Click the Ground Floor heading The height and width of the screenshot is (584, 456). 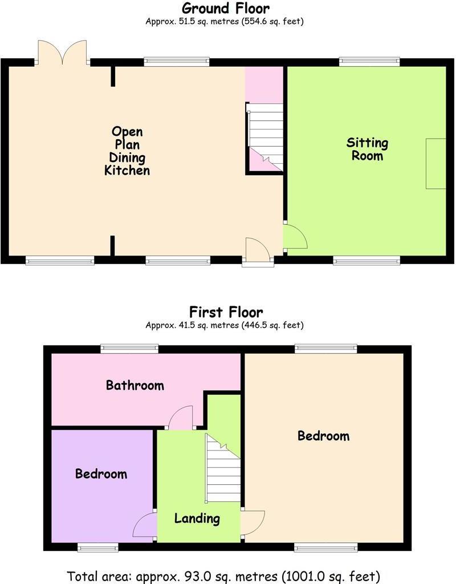point(226,8)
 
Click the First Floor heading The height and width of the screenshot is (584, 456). point(226,312)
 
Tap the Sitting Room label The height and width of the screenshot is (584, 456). point(368,149)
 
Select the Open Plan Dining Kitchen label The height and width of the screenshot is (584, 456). point(127,151)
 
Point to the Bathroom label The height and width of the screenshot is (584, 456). point(135,385)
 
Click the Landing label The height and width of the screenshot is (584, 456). point(197,518)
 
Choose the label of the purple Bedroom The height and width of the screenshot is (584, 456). point(101,474)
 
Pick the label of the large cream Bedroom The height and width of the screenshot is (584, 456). point(323,436)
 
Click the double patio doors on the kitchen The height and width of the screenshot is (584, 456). point(63,52)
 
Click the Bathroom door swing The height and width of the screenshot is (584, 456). point(181,417)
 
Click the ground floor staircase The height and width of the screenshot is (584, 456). point(265,137)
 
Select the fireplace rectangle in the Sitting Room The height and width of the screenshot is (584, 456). point(436,163)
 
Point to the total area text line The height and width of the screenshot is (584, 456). point(223,575)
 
